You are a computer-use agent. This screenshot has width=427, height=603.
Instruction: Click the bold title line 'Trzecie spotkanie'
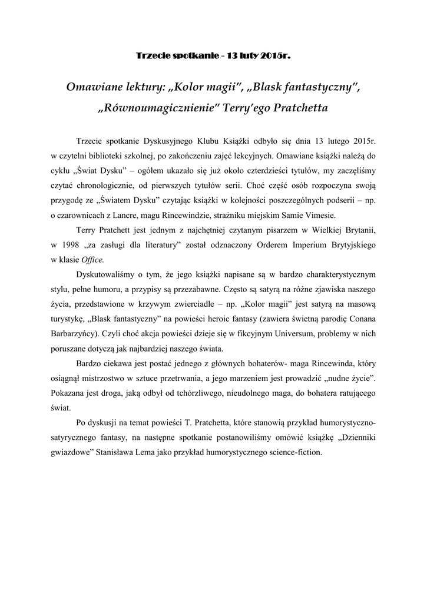point(213,56)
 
